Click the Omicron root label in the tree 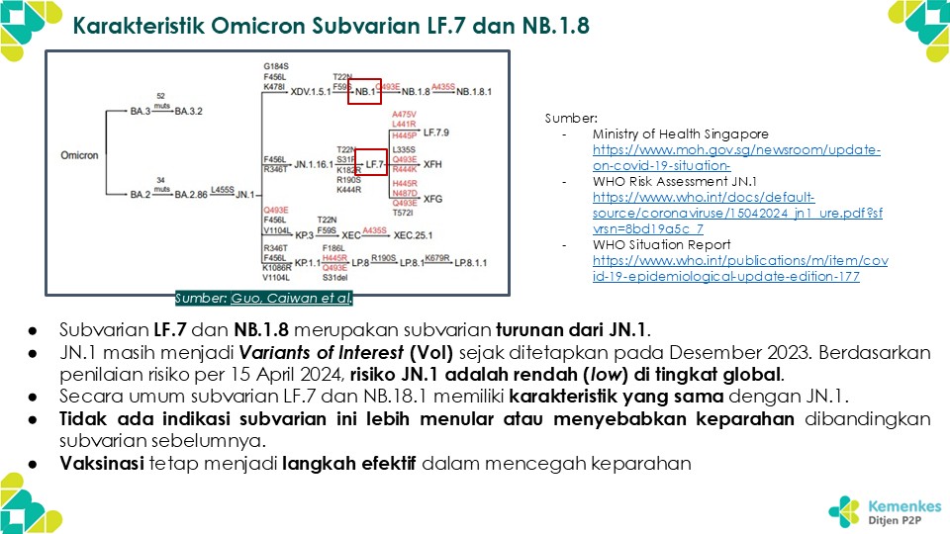pos(79,155)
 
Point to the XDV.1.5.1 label pos(310,91)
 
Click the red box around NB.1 pos(365,91)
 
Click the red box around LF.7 pos(371,161)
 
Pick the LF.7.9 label pos(436,131)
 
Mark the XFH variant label pos(432,165)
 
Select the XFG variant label pos(432,199)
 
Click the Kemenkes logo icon pos(843,509)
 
